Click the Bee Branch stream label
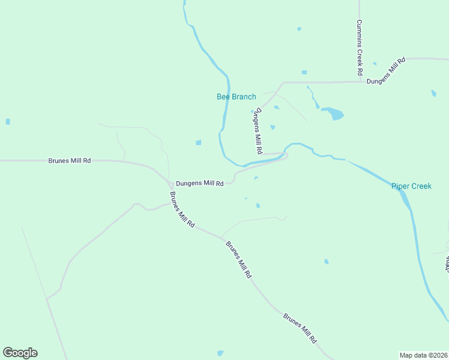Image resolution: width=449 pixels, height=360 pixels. [x=236, y=97]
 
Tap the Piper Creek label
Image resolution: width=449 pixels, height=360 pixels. [x=411, y=186]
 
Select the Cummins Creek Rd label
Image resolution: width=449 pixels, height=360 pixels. [x=359, y=47]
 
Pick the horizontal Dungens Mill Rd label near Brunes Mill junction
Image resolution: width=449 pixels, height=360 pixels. [x=199, y=183]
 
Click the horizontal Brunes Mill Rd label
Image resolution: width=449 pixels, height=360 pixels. [x=70, y=161]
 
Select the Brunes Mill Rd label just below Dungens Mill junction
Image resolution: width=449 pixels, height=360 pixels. [x=182, y=209]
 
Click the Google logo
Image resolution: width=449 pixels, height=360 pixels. [x=20, y=353]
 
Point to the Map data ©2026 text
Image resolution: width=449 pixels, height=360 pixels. [x=424, y=355]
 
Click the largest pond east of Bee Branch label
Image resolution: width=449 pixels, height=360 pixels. [x=333, y=113]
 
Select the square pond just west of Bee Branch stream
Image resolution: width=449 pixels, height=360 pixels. [x=198, y=143]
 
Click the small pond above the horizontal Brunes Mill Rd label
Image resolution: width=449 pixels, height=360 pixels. [x=8, y=122]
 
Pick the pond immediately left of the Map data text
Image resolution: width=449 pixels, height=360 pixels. [x=220, y=353]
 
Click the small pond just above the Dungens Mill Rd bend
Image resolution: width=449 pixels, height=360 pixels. [x=256, y=178]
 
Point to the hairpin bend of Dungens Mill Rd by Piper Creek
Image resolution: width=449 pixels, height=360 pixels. [x=286, y=156]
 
